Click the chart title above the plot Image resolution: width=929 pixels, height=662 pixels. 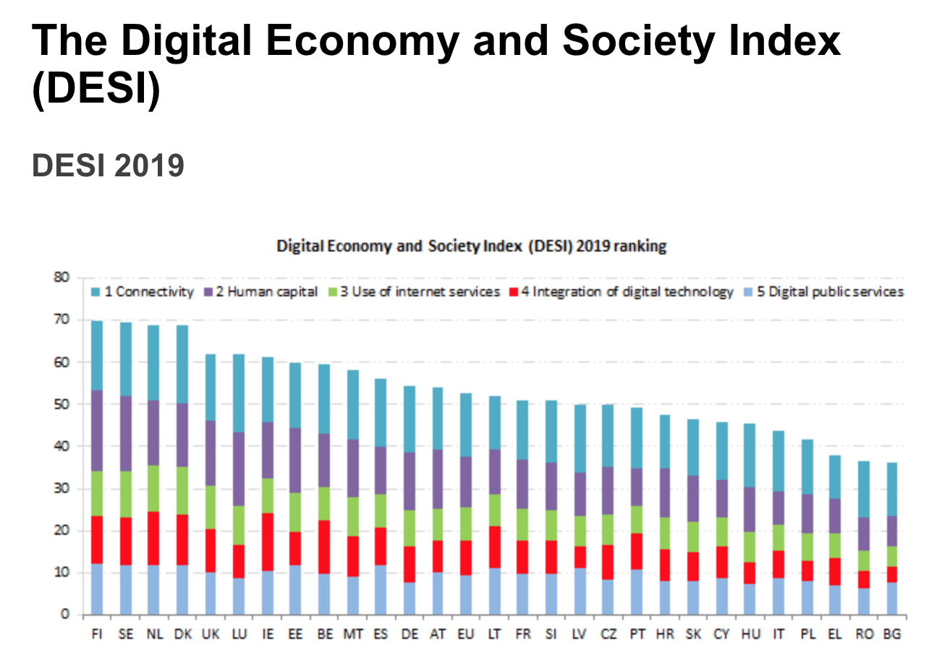(x=471, y=246)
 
